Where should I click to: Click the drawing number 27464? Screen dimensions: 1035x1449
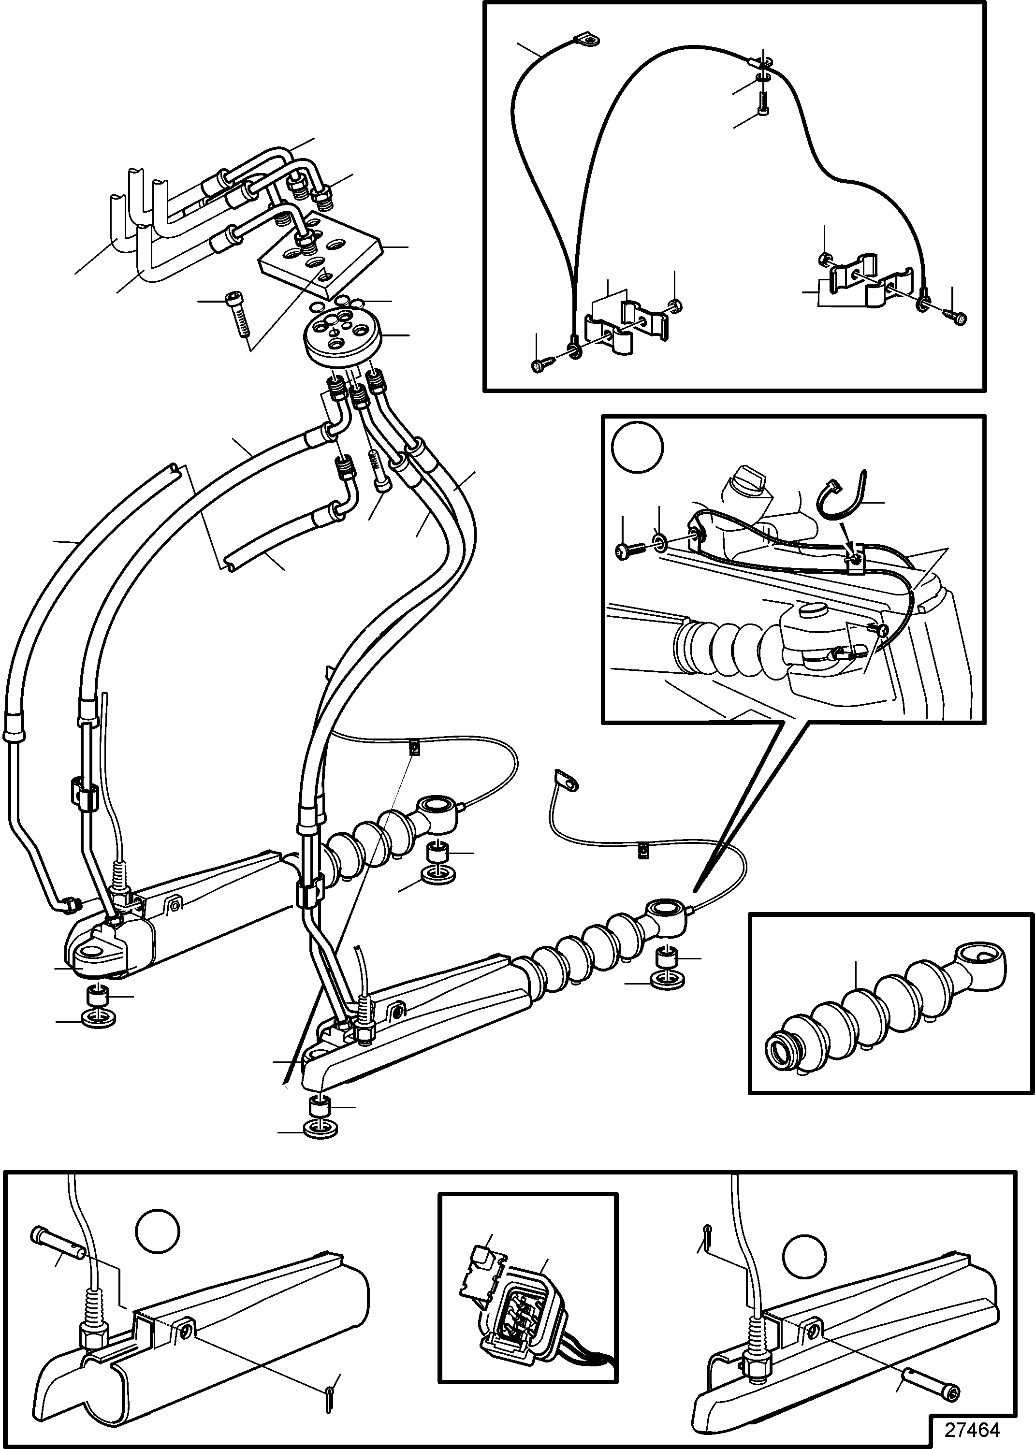[972, 1429]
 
